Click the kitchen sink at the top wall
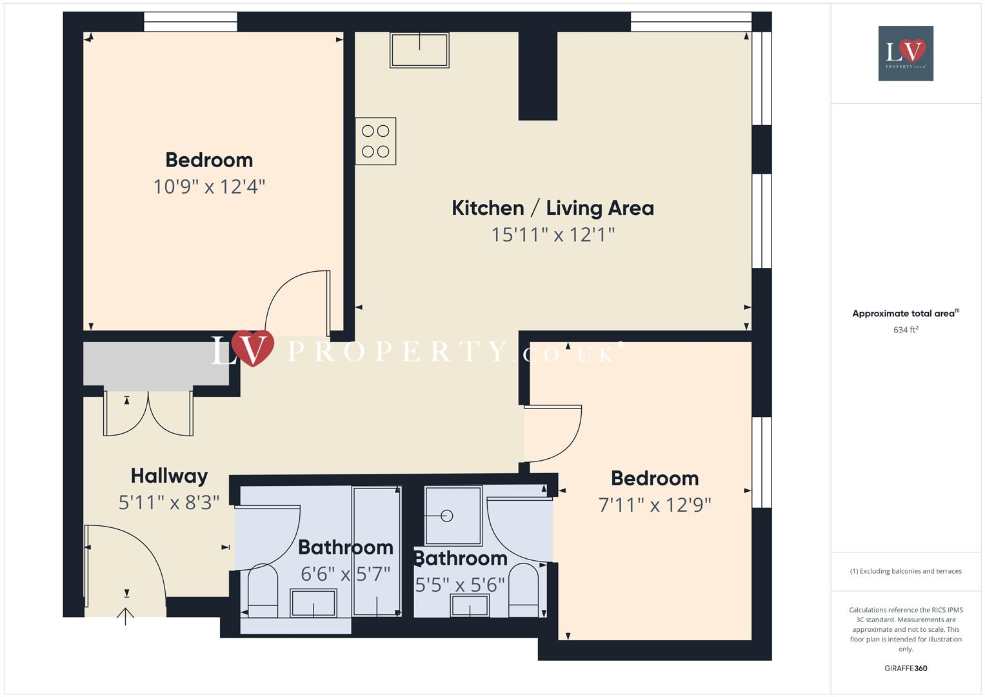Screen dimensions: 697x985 419,50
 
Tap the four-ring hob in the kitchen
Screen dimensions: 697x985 375,141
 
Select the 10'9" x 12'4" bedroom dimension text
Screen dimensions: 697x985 209,187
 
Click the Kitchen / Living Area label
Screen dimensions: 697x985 552,208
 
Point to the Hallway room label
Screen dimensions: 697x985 169,476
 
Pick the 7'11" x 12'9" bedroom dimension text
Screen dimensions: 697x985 654,505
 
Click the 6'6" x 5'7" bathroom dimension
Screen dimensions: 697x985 345,574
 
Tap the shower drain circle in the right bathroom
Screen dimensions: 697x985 446,516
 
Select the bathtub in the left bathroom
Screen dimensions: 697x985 376,552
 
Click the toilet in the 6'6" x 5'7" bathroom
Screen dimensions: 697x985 263,591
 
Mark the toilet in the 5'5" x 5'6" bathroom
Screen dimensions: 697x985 523,591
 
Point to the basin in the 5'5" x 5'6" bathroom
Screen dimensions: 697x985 470,605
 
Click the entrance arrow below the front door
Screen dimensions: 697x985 125,616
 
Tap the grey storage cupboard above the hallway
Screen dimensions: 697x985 156,365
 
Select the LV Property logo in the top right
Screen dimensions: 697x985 906,53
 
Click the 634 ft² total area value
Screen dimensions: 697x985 906,330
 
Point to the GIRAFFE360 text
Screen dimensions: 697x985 906,668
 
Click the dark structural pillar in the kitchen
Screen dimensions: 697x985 537,76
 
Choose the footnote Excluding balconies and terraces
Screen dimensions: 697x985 906,571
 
